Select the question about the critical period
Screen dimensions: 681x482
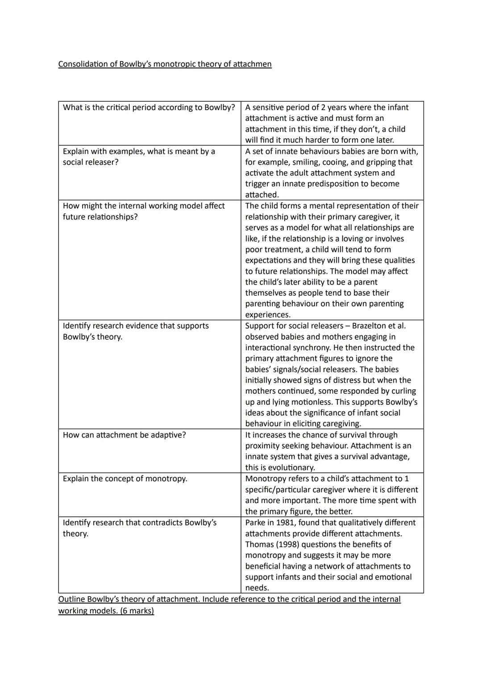point(149,107)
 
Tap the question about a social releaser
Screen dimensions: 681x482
point(139,157)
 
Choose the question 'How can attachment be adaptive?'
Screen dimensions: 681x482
point(124,435)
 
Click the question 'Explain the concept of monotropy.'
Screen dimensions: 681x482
point(125,479)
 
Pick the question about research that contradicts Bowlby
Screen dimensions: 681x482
point(139,528)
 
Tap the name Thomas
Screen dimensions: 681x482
point(260,545)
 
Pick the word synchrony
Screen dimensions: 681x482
point(309,347)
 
